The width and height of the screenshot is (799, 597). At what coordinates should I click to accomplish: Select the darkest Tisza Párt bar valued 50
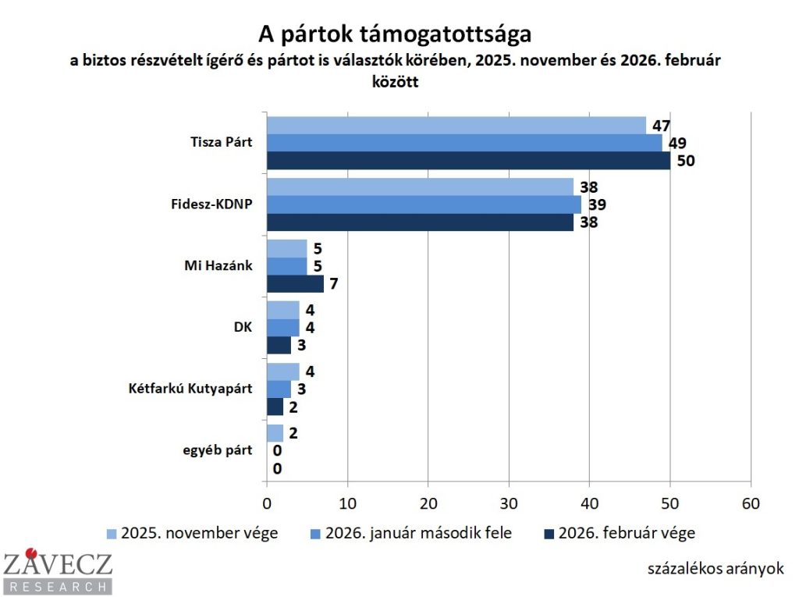[x=468, y=161]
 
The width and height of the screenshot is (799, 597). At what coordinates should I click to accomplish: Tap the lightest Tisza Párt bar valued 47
[x=456, y=125]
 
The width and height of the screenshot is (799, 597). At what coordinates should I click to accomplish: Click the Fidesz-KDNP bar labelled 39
[x=424, y=204]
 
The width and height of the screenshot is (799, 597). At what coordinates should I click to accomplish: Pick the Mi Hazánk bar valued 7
[x=295, y=284]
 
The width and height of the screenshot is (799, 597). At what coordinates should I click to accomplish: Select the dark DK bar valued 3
[x=279, y=345]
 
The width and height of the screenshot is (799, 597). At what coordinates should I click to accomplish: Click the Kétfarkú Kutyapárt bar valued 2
[x=275, y=407]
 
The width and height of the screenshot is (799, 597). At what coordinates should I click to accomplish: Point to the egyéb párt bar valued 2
[x=275, y=433]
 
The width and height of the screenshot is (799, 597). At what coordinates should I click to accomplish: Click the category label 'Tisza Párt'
[x=221, y=143]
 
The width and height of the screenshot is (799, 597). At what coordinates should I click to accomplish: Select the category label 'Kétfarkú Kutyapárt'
[x=190, y=389]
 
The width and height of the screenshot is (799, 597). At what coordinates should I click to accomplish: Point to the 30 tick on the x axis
[x=509, y=503]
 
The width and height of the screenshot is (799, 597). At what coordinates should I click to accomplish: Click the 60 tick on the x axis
[x=750, y=503]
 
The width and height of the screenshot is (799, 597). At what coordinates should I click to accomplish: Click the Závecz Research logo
[x=57, y=572]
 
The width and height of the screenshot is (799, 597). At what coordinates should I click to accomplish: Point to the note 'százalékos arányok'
[x=715, y=568]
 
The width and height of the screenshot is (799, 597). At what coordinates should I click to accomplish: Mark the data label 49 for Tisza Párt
[x=676, y=143]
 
